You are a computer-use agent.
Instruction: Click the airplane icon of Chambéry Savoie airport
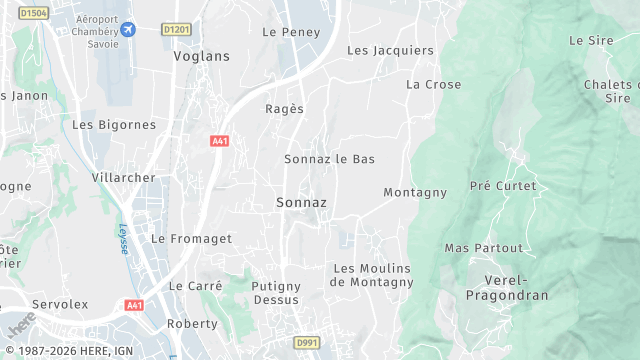(128, 30)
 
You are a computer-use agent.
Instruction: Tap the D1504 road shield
(33, 13)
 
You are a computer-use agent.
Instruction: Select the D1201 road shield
(176, 30)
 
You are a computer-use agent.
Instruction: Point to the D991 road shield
(306, 342)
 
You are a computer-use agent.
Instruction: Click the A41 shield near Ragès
(220, 142)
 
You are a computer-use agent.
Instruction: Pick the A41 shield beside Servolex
(134, 305)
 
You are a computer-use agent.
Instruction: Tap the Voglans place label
(201, 56)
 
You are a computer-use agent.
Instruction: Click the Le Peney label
(291, 32)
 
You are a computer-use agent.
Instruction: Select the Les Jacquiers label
(390, 50)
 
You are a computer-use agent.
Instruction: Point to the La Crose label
(433, 85)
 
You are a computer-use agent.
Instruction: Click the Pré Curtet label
(503, 186)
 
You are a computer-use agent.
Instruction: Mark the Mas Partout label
(484, 248)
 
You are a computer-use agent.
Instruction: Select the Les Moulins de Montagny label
(372, 275)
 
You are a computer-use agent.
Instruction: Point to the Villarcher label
(124, 178)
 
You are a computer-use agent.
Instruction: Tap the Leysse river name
(124, 238)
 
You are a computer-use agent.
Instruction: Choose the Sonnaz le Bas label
(329, 159)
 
